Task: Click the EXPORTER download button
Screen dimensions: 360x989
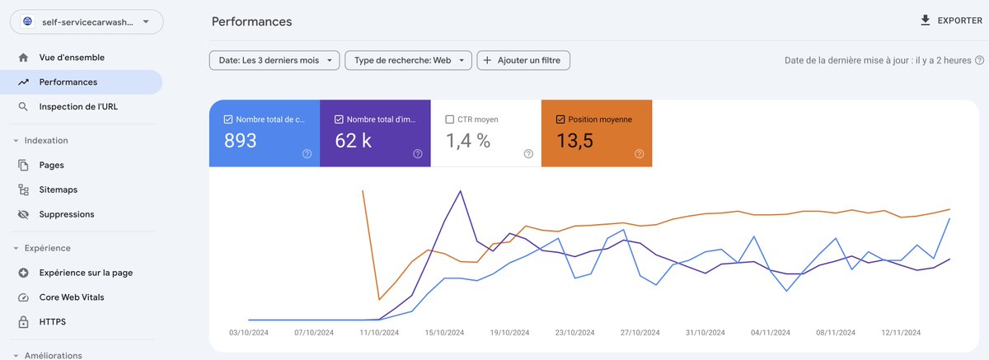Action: click(950, 21)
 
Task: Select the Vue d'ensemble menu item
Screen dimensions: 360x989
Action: click(72, 58)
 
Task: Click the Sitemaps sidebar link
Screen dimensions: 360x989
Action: click(58, 189)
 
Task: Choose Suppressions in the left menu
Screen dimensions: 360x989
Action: click(66, 214)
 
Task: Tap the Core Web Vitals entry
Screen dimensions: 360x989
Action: click(71, 297)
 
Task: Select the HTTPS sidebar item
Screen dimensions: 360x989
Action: click(52, 322)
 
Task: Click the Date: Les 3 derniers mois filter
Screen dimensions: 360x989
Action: click(274, 60)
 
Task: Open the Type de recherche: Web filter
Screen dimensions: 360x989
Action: click(409, 60)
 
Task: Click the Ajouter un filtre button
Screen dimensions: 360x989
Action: click(523, 60)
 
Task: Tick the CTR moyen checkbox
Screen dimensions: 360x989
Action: click(450, 119)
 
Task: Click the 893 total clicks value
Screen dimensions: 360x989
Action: click(241, 141)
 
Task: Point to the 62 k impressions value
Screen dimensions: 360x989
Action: click(353, 141)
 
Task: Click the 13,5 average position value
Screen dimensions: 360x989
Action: click(574, 141)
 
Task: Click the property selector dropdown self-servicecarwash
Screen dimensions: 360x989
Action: click(87, 22)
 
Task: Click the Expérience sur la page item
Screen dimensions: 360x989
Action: click(86, 273)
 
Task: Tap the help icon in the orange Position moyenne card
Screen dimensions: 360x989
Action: click(639, 153)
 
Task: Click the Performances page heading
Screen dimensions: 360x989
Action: click(251, 21)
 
